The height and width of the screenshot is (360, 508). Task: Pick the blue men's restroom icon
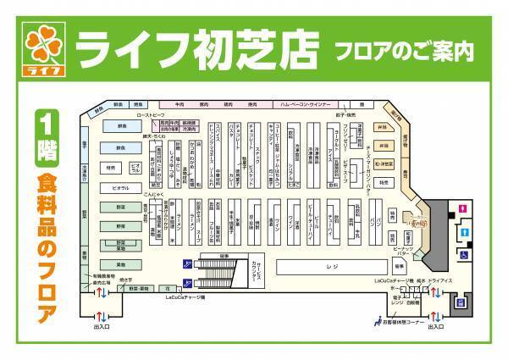[464, 232]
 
